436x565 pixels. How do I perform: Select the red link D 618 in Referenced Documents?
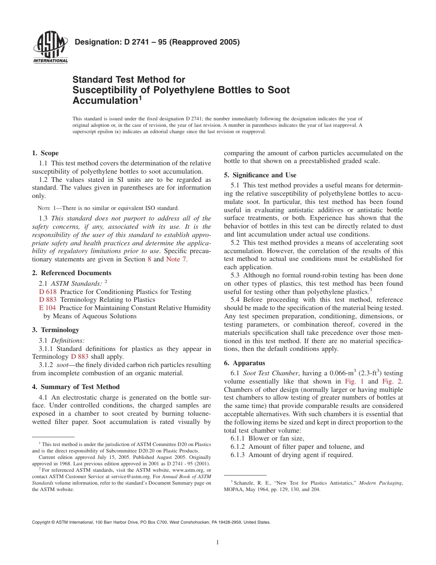click(x=48, y=292)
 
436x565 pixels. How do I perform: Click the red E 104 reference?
click(x=48, y=308)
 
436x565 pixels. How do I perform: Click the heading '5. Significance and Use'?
click(x=260, y=175)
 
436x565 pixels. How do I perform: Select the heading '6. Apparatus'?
click(x=244, y=362)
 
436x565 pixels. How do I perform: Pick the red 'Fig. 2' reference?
click(x=392, y=381)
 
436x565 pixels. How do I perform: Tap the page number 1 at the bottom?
click(x=218, y=542)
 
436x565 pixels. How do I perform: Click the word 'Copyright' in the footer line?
click(x=43, y=522)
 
